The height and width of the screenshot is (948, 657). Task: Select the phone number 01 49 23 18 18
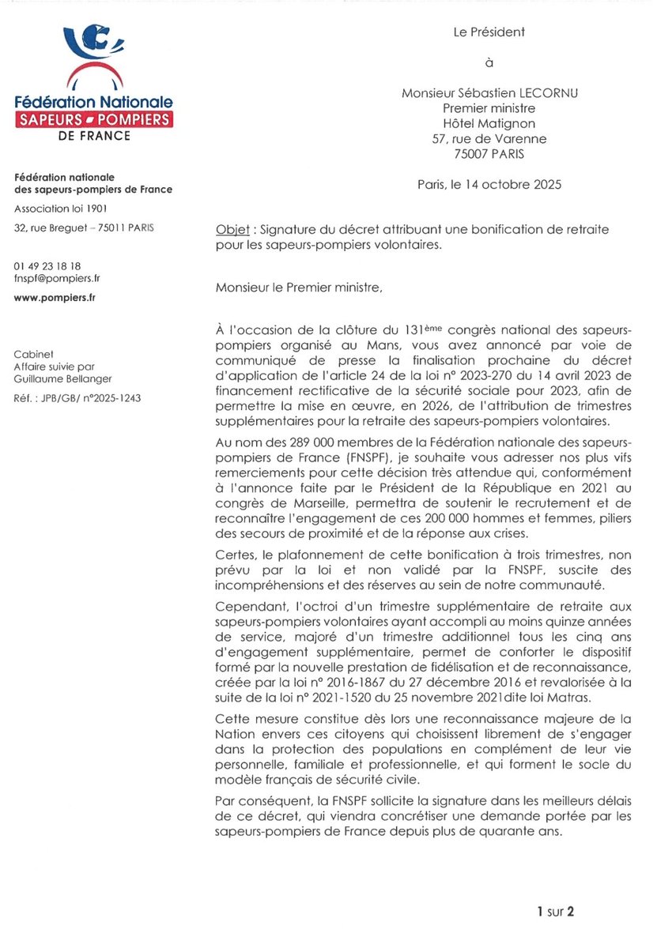click(47, 267)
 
